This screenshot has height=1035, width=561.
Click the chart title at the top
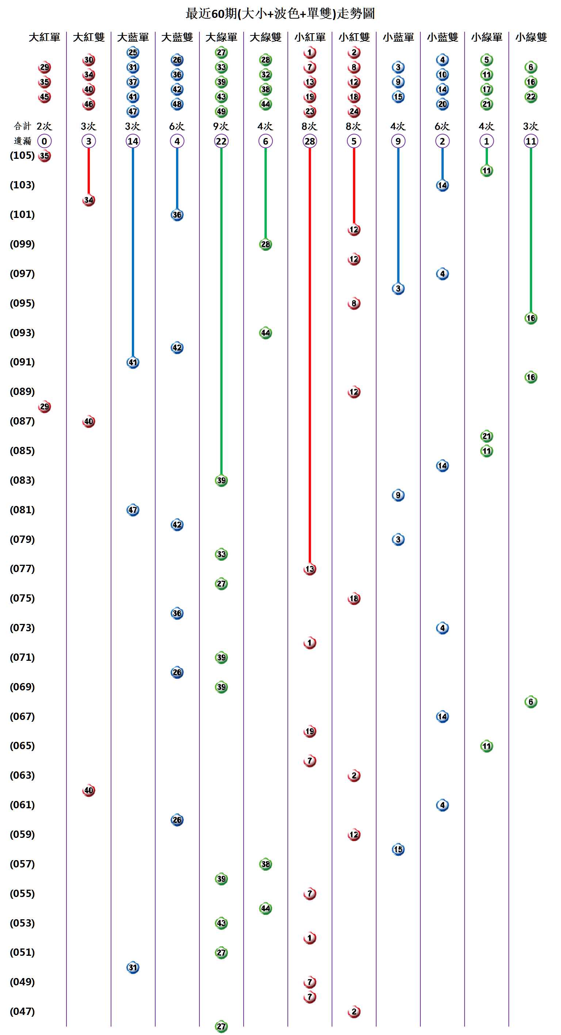click(280, 14)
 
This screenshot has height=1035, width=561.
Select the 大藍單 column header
click(133, 37)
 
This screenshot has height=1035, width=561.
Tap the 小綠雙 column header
click(531, 37)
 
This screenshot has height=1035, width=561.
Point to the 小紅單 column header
click(309, 37)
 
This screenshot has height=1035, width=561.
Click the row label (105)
click(22, 156)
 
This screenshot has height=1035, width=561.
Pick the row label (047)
click(22, 1011)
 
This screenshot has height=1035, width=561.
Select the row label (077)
click(22, 568)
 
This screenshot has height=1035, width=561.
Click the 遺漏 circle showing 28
click(309, 141)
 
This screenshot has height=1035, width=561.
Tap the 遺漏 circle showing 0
click(44, 141)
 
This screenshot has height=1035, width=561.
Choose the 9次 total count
click(221, 126)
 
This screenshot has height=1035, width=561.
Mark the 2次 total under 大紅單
click(44, 126)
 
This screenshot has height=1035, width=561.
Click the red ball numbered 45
click(44, 97)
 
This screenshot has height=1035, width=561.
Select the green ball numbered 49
click(221, 111)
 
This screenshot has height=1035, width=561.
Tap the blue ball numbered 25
click(133, 52)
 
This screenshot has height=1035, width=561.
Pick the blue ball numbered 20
click(442, 104)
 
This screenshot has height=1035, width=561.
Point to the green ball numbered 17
click(486, 89)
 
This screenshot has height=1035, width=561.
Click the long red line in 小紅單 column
click(309, 353)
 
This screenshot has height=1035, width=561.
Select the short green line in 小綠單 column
click(486, 156)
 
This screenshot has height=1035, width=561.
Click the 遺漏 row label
click(22, 141)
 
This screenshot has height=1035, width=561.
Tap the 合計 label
click(22, 126)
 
